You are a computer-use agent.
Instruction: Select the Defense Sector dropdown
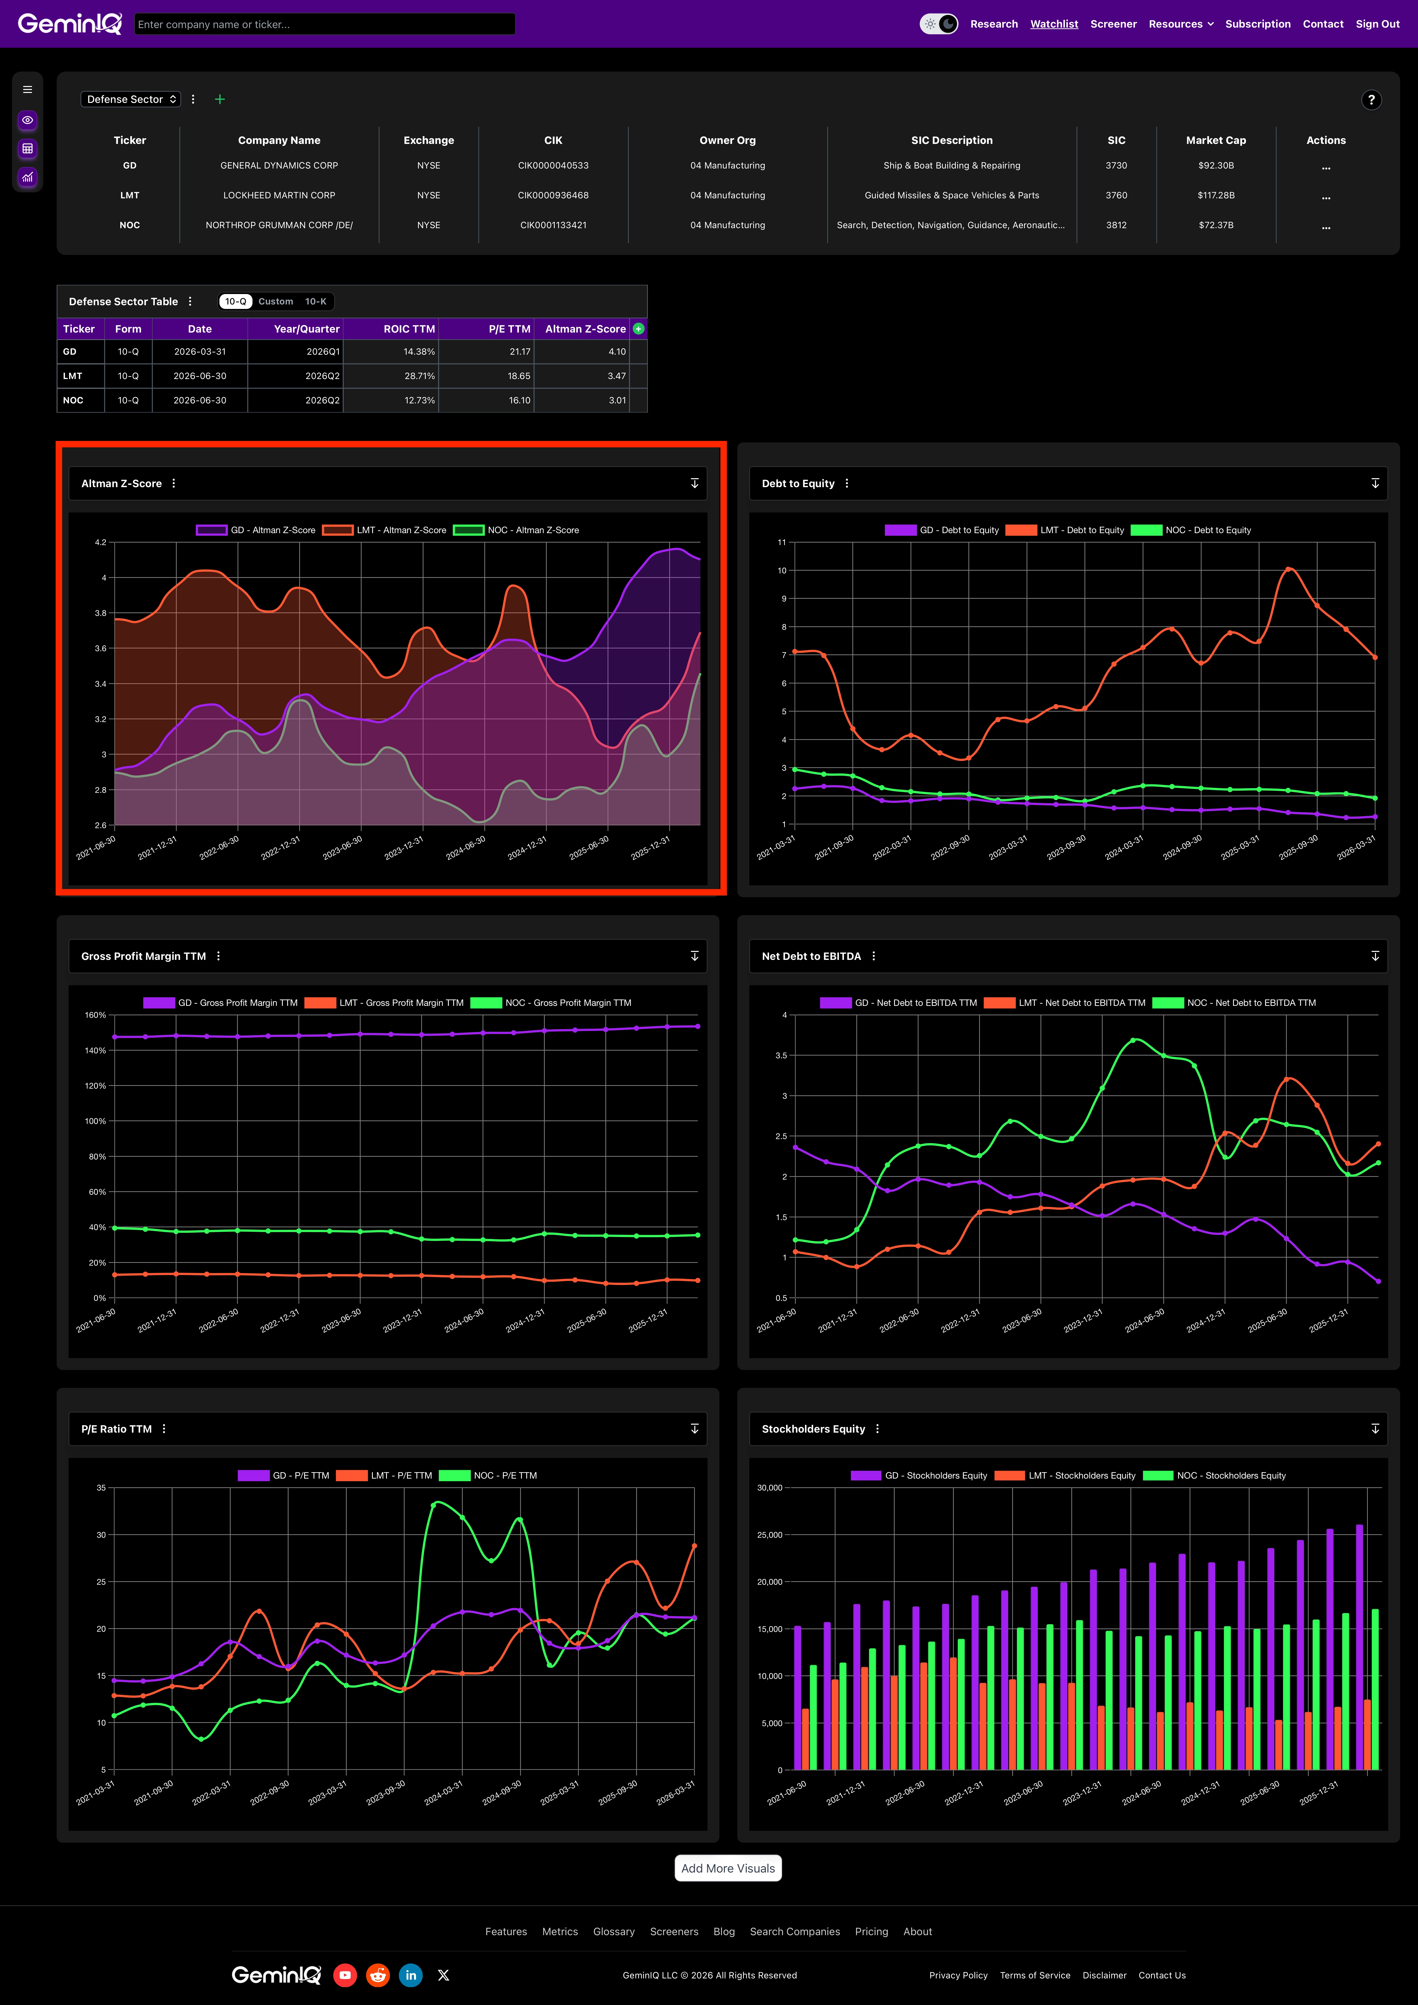(131, 100)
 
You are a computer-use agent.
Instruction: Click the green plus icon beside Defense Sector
(220, 100)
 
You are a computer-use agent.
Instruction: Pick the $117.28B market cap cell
(1215, 196)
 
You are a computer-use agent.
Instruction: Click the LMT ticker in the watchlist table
(129, 196)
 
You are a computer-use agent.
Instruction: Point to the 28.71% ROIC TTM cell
(419, 376)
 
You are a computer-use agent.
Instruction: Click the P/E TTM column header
(510, 329)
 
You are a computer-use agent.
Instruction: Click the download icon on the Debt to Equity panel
(1375, 483)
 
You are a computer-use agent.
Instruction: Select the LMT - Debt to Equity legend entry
(1065, 530)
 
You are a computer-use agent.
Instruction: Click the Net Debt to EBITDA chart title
(811, 956)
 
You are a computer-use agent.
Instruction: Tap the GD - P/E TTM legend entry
(284, 1476)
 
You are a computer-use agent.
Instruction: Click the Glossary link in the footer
(614, 1932)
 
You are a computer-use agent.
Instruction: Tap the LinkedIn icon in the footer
(410, 1975)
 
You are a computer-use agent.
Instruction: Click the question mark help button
(1371, 100)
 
